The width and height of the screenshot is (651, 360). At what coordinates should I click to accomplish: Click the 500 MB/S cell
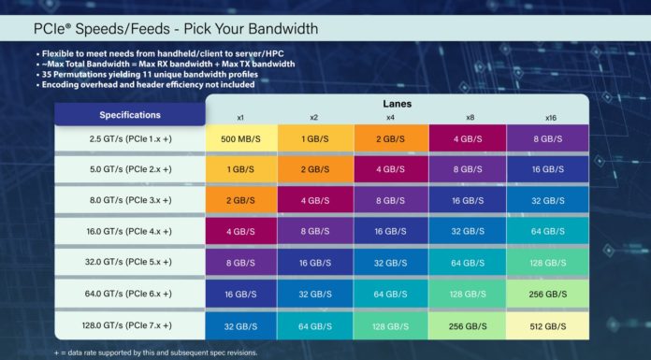click(240, 138)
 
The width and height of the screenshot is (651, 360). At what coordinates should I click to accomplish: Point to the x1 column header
click(240, 118)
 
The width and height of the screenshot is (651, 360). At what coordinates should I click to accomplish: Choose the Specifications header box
click(130, 115)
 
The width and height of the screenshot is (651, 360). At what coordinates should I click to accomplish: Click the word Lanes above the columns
click(396, 104)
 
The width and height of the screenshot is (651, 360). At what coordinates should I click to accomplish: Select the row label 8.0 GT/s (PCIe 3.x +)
click(130, 200)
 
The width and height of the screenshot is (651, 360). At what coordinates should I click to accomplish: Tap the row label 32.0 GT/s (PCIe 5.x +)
click(130, 262)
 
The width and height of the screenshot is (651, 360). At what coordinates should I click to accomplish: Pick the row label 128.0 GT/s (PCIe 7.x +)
click(130, 324)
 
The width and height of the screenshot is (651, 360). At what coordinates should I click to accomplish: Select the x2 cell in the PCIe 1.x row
click(316, 138)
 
